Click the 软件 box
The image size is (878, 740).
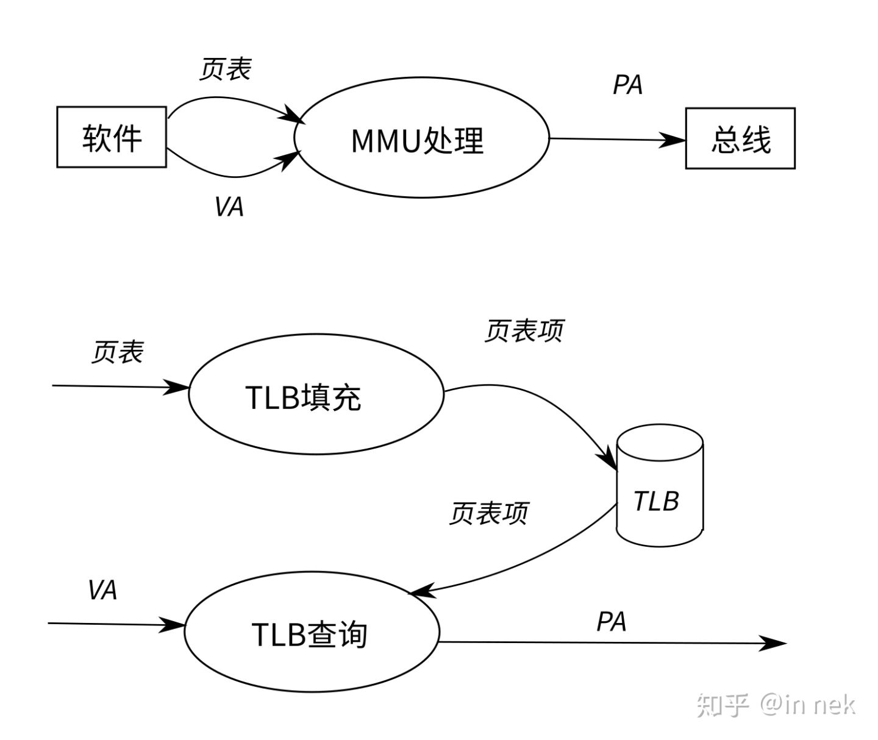coord(112,137)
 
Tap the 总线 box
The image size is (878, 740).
coord(740,138)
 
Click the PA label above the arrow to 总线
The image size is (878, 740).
coord(627,85)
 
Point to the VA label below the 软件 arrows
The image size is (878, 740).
coord(229,207)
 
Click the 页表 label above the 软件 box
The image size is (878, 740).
coord(225,69)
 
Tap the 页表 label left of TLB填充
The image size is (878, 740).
coord(117,352)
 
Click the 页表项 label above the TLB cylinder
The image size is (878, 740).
coord(524,330)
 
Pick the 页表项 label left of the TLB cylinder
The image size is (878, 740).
coord(488,513)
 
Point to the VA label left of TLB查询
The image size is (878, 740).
coord(102,590)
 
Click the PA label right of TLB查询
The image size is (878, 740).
coord(611,621)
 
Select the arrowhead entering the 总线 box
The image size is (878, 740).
coord(676,140)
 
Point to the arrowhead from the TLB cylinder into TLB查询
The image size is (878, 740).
coord(420,591)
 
